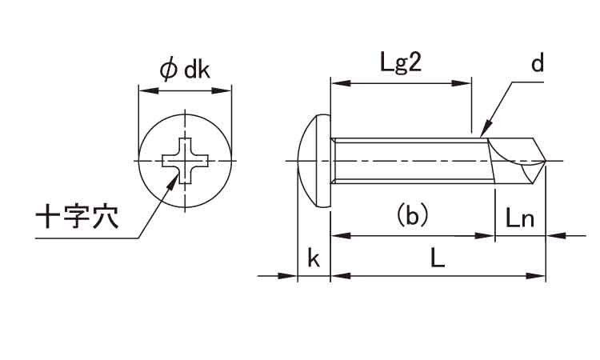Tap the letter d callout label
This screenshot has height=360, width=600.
pyautogui.click(x=537, y=64)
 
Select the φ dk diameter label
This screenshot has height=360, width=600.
pyautogui.click(x=185, y=70)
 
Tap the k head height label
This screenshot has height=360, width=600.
pyautogui.click(x=314, y=258)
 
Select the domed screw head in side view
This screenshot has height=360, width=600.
pyautogui.click(x=315, y=162)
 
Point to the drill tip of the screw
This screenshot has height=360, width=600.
pyautogui.click(x=532, y=162)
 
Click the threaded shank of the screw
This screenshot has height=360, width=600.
pyautogui.click(x=408, y=162)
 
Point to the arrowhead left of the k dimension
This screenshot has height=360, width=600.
pyautogui.click(x=291, y=276)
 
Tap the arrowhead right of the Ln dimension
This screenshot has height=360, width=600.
pyautogui.click(x=552, y=236)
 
